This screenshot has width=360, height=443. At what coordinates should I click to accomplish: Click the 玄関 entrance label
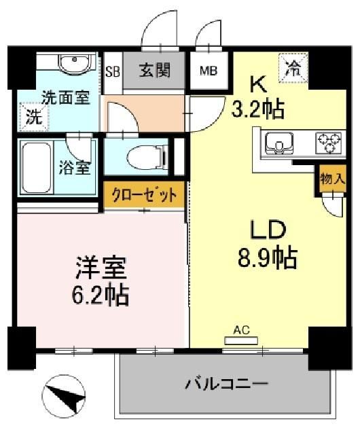[155, 70]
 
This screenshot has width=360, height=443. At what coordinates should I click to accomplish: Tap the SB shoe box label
[113, 71]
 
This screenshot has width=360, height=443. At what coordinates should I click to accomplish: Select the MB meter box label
[209, 71]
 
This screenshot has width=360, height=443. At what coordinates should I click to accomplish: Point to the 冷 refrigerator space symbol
[293, 68]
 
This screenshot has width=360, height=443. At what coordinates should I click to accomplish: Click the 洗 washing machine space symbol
[33, 116]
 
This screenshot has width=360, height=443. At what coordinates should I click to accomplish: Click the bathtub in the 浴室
[37, 169]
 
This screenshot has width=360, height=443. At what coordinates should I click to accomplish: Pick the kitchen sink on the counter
[279, 144]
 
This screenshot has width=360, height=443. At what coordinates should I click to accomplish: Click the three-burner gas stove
[329, 143]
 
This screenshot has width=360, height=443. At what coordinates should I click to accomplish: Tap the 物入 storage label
[333, 179]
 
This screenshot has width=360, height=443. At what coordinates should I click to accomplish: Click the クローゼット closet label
[144, 195]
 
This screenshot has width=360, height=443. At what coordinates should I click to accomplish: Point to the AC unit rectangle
[241, 340]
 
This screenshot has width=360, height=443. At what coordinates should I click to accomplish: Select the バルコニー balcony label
[226, 384]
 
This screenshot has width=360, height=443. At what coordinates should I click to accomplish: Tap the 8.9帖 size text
[267, 258]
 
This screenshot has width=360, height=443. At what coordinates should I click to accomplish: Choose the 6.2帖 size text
[101, 296]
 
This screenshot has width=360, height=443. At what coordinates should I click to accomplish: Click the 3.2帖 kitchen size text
[257, 109]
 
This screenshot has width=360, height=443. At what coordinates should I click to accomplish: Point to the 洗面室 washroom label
[65, 97]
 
